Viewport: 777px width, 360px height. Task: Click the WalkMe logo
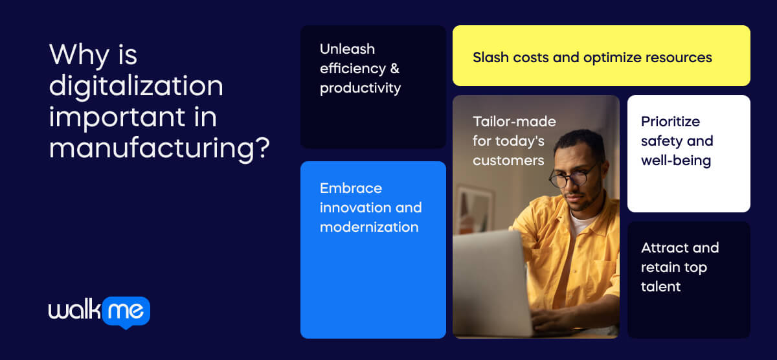[99, 311]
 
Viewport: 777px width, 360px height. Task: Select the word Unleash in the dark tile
[347, 49]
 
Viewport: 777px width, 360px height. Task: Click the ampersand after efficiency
[394, 69]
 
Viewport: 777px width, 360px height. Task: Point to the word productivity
[360, 88]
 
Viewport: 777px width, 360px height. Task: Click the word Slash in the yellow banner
[490, 58]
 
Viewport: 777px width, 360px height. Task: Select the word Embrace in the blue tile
[351, 188]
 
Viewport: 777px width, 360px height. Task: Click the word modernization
[369, 227]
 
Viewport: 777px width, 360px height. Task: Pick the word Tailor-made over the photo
[514, 122]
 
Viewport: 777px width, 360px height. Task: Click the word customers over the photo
[508, 161]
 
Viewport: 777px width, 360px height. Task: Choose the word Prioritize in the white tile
[670, 122]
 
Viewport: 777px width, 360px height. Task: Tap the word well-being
[676, 161]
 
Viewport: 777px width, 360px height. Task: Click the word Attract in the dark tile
[661, 248]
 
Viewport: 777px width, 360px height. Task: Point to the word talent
[660, 287]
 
